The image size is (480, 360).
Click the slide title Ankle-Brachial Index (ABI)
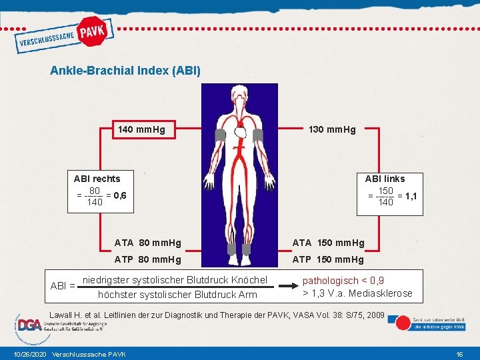pos(125,70)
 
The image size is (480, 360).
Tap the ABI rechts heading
pos(97,178)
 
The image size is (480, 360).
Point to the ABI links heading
pos(385,178)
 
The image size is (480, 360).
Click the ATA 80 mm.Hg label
pos(147,243)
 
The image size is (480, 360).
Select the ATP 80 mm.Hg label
pos(147,259)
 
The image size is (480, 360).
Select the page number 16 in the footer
pos(459,353)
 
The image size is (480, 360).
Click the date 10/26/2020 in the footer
pos(27,353)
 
